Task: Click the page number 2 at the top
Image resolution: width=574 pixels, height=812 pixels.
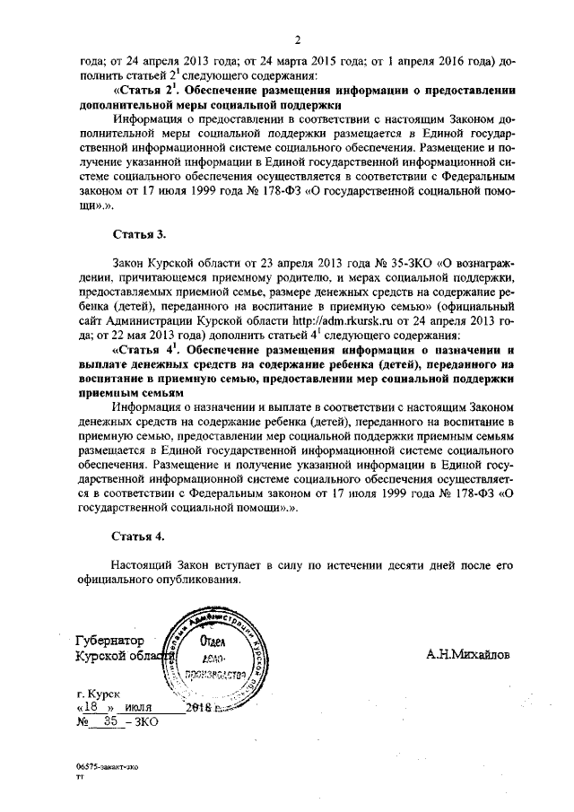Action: pos(296,38)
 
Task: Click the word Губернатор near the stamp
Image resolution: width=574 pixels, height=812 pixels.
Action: pos(109,642)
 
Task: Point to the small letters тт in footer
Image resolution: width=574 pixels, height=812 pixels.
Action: pos(80,780)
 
